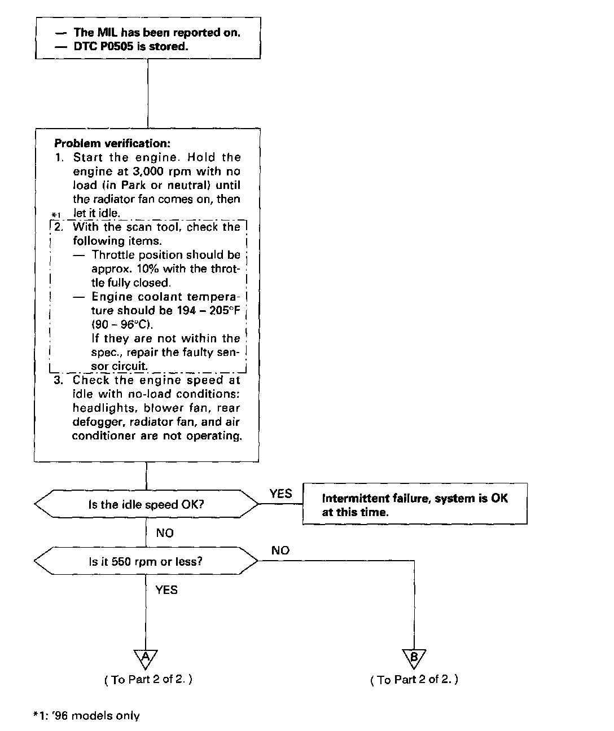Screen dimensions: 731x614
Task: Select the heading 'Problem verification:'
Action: pos(112,143)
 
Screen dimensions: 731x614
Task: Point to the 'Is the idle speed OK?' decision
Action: pos(146,504)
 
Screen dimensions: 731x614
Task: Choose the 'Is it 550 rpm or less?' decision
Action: pos(146,561)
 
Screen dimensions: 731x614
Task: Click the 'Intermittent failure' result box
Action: pos(415,505)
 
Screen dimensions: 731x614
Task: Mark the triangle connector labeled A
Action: pos(146,657)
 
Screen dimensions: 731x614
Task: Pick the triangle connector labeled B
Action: pos(414,658)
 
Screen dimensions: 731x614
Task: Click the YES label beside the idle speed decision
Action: pos(280,494)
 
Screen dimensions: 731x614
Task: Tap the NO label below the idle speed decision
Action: pos(165,533)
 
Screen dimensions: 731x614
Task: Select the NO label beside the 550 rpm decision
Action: pos(280,551)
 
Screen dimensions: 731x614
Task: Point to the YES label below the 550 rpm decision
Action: pos(166,590)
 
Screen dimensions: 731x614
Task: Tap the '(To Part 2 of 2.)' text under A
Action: pos(148,680)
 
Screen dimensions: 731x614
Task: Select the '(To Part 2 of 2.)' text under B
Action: pos(414,680)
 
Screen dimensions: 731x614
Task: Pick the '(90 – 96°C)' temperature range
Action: pos(122,324)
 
